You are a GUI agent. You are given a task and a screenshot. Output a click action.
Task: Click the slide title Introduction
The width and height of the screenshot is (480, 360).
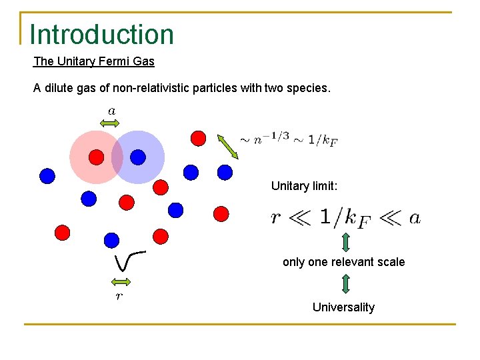101,35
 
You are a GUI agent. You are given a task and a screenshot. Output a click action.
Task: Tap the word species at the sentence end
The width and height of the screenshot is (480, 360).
309,87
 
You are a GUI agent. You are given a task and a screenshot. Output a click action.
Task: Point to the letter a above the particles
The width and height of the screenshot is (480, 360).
111,110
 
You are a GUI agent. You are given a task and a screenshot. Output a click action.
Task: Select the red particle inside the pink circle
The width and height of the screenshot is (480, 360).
97,157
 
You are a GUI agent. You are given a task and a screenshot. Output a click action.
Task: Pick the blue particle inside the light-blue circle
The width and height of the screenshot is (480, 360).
137,157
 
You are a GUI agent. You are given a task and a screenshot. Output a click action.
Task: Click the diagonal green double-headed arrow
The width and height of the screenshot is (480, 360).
229,146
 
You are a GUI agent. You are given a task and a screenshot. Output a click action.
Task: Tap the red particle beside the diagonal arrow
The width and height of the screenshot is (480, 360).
198,138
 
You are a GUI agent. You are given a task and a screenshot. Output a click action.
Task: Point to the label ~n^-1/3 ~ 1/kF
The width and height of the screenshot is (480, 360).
288,140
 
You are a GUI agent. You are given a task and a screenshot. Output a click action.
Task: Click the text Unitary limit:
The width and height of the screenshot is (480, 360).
304,186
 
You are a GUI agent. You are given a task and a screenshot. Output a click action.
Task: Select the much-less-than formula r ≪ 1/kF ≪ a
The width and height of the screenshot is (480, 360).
345,218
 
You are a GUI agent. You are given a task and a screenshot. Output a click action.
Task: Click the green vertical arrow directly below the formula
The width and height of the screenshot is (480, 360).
346,241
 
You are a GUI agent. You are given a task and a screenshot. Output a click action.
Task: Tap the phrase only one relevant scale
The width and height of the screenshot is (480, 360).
343,262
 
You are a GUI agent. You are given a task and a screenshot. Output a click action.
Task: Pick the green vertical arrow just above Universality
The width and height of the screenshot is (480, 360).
346,284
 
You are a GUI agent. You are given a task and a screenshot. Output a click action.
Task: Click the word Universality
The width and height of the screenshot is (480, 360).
343,307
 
